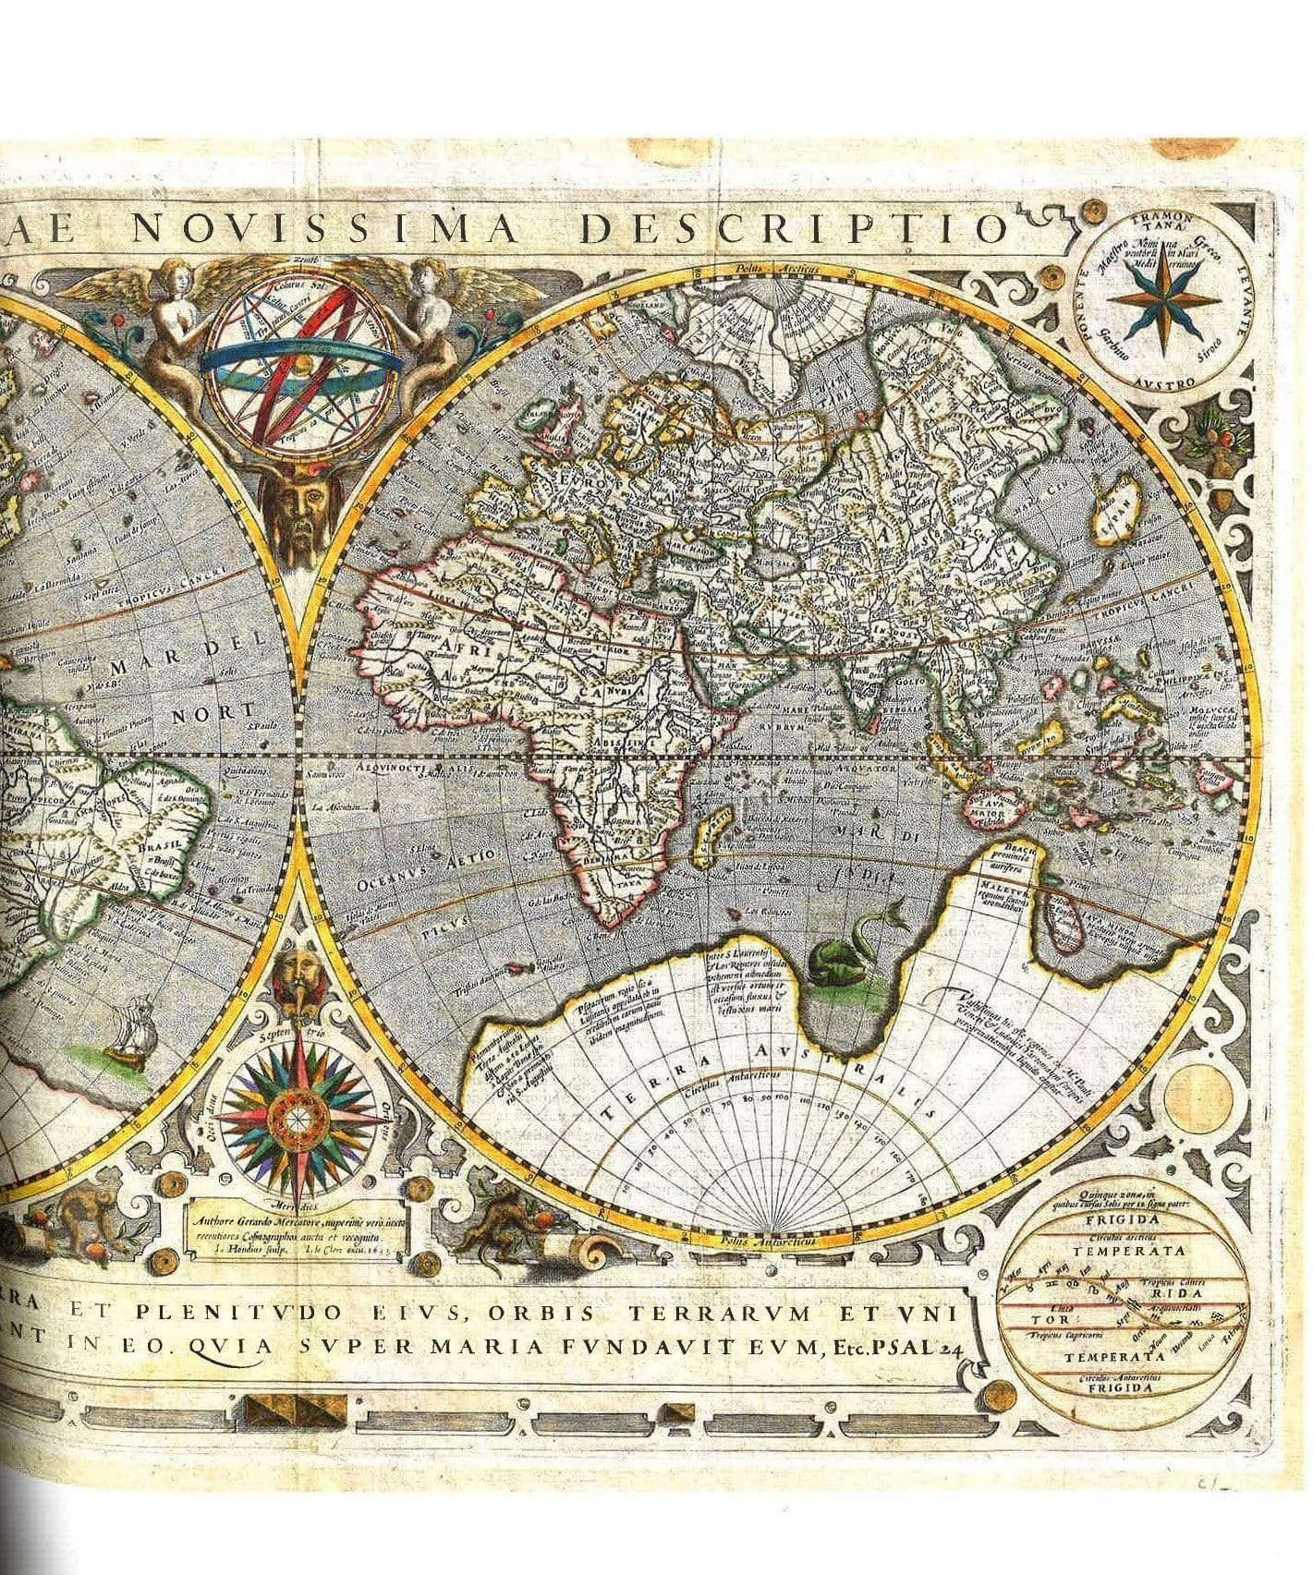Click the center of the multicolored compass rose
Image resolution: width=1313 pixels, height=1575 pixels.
point(297,1119)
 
